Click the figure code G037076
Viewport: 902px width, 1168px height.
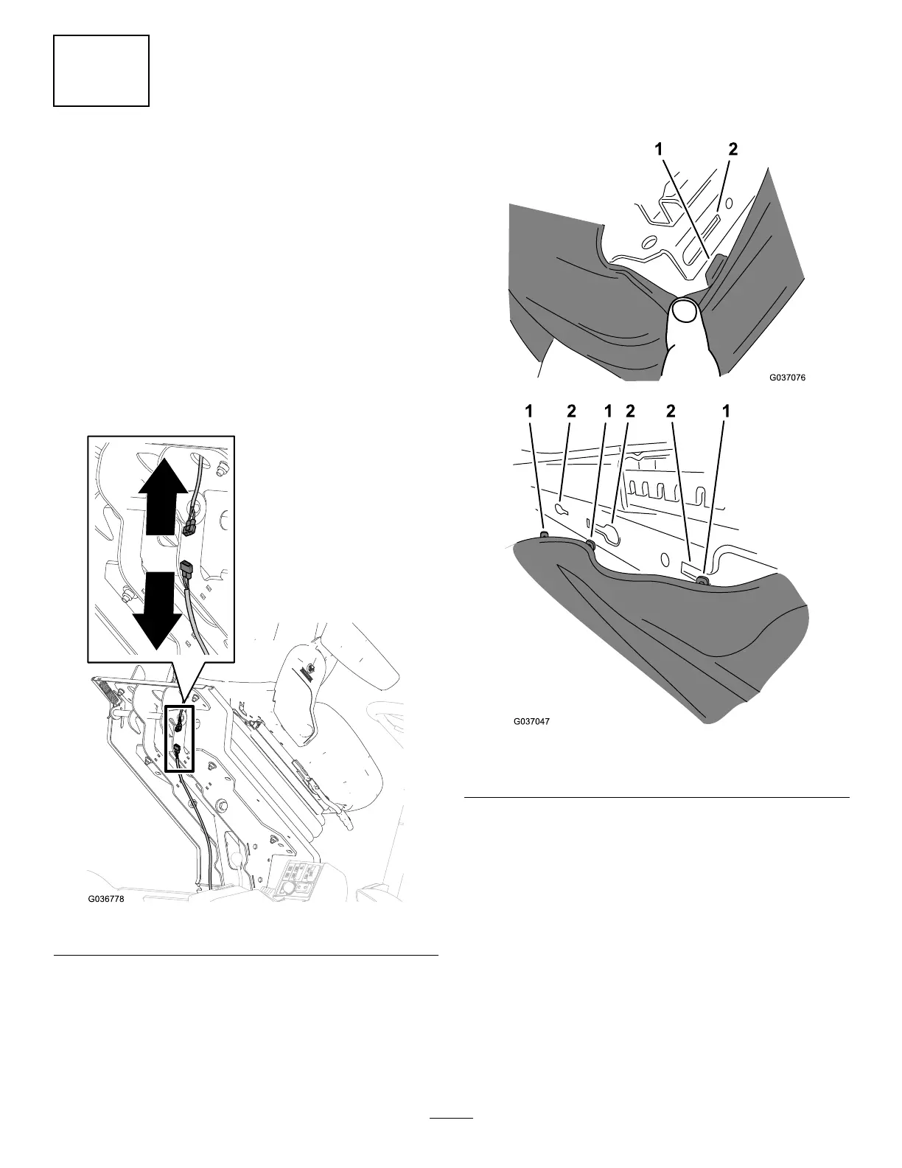(787, 378)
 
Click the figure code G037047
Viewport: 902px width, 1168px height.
(531, 721)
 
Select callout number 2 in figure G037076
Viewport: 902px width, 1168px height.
(732, 150)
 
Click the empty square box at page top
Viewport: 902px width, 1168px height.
(102, 71)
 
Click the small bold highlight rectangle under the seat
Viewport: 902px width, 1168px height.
(180, 739)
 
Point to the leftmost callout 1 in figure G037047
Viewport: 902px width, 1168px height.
(529, 414)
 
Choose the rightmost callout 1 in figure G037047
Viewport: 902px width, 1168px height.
(726, 414)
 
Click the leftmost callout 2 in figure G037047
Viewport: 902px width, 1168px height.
(572, 414)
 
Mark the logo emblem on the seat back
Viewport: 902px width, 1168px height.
(305, 668)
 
